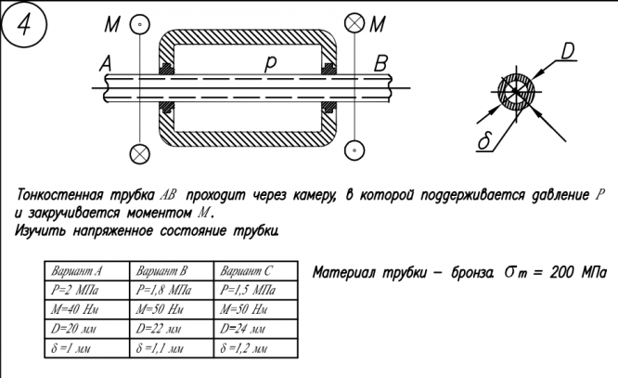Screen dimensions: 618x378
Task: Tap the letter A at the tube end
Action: click(x=105, y=63)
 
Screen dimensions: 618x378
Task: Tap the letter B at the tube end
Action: click(x=380, y=63)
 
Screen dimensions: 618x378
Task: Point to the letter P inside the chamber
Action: click(x=270, y=64)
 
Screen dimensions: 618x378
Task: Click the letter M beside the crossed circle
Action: click(x=378, y=24)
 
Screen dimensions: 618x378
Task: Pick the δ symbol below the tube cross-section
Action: click(x=483, y=141)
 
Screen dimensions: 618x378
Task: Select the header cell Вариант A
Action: click(x=86, y=271)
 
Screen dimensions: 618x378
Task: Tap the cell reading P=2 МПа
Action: click(x=86, y=290)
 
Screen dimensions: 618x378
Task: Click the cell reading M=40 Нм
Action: click(x=86, y=309)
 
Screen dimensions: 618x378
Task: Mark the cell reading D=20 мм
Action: click(x=86, y=329)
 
